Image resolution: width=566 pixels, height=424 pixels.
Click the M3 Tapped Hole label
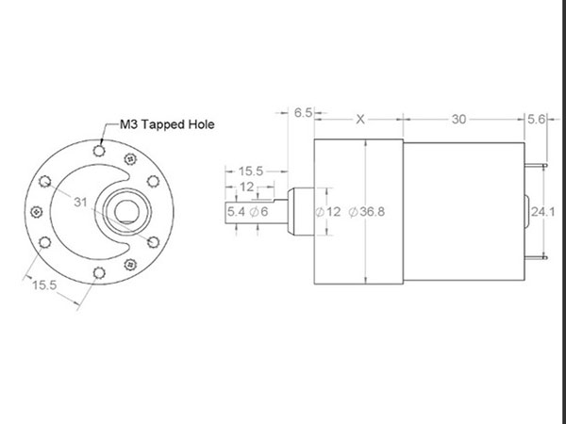click(166, 124)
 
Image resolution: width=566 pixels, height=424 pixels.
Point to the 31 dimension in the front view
click(79, 203)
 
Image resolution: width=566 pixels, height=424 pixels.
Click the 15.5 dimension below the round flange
click(45, 284)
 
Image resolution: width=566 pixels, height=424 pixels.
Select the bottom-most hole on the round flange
click(99, 274)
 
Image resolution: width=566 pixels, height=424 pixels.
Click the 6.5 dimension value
click(303, 112)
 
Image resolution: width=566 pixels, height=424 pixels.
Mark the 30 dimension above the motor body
click(458, 120)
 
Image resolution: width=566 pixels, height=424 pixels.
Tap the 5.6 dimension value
click(537, 120)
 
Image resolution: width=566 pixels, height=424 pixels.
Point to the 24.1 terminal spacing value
click(541, 211)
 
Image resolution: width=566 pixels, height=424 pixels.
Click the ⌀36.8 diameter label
click(366, 211)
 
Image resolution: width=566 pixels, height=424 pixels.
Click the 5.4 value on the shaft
click(235, 211)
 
